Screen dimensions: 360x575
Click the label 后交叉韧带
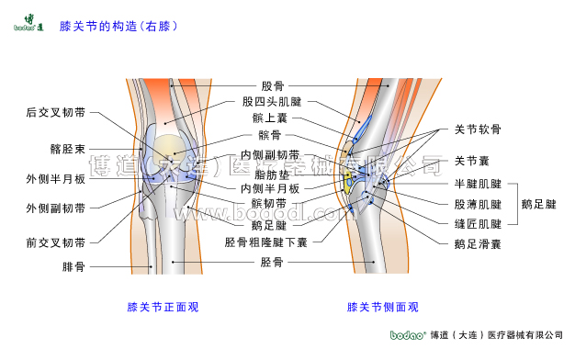pos(56,113)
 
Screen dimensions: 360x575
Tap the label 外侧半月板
pos(56,178)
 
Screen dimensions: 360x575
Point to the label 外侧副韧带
pos(56,208)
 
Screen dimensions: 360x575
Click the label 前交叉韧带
pos(56,243)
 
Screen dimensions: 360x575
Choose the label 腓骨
pos(73,267)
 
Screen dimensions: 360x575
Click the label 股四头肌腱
pos(272,102)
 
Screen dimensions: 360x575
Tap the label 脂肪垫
pos(273,173)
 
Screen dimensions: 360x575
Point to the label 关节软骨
pos(478,130)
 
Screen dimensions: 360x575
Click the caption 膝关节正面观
pos(163,307)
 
